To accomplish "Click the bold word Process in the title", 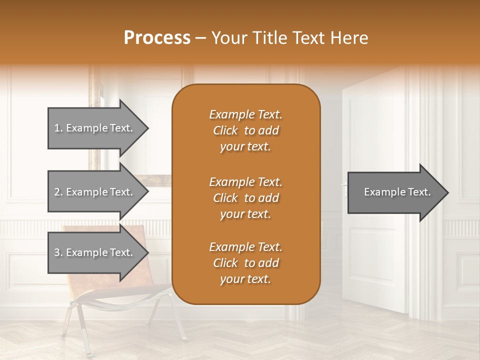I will (x=157, y=38).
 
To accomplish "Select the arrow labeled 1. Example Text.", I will (x=95, y=128).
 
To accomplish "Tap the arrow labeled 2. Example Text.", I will (x=95, y=192).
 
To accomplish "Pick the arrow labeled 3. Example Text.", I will (x=95, y=252).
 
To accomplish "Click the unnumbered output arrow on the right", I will (x=395, y=192).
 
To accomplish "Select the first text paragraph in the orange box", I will (x=245, y=130).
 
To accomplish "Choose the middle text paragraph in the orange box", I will (x=245, y=198).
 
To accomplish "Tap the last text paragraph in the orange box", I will (x=245, y=263).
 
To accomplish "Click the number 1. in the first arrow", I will (x=58, y=128).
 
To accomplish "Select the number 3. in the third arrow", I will (x=58, y=252).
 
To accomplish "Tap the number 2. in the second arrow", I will (x=58, y=192).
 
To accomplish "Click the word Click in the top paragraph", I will (x=225, y=130).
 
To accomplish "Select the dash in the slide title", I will (x=201, y=38).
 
